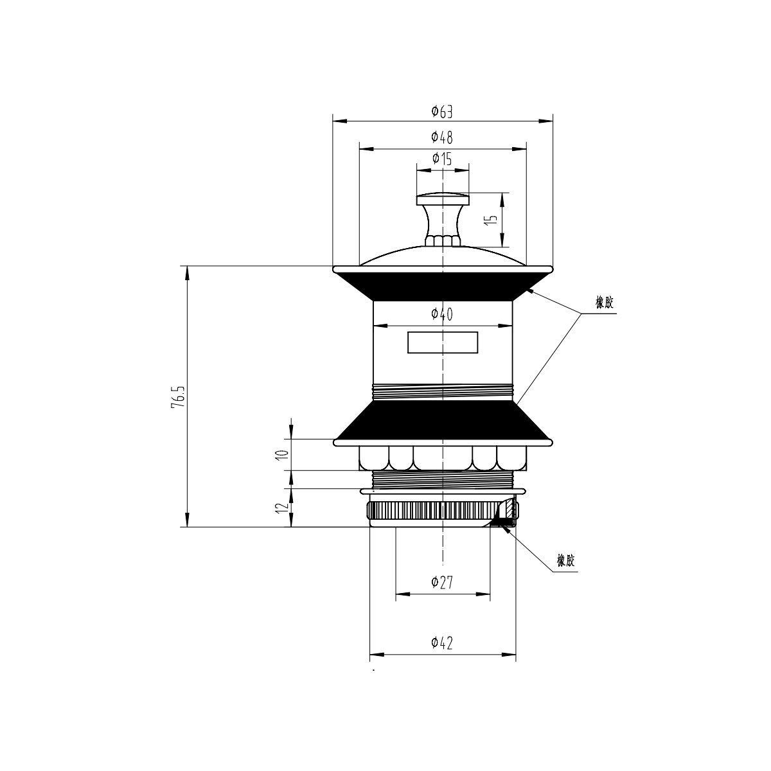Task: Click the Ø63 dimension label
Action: (x=442, y=112)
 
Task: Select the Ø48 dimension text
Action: (x=442, y=137)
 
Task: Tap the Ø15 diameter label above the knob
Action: (x=442, y=159)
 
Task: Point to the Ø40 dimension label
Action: (x=442, y=314)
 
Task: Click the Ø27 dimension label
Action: (x=442, y=583)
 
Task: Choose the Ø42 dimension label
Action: (x=442, y=643)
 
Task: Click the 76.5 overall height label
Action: (x=177, y=397)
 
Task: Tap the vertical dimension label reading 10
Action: (x=283, y=454)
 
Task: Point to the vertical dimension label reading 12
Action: (x=283, y=507)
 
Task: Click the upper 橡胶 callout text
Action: (x=604, y=303)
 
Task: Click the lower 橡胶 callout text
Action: (x=566, y=560)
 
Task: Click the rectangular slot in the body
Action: (x=443, y=342)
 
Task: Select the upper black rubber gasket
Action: (x=443, y=287)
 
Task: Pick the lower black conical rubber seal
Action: (x=443, y=420)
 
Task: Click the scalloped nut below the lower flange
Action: (x=443, y=458)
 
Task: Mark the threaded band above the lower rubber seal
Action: (x=443, y=392)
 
